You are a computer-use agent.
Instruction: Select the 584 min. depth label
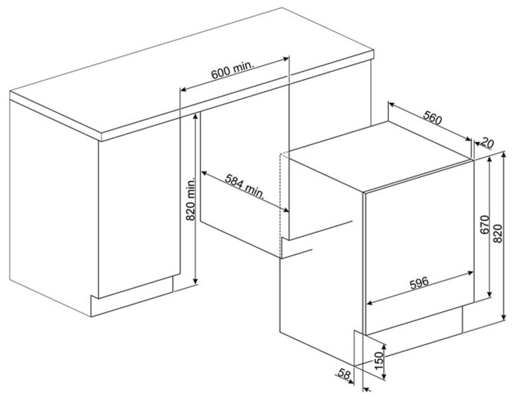tap(244, 186)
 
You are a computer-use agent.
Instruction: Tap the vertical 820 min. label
tap(190, 199)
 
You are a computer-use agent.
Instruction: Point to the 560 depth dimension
tap(432, 118)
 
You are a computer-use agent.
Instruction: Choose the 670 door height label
tap(484, 225)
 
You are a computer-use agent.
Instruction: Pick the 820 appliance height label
tap(497, 233)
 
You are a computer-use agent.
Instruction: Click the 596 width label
tap(420, 283)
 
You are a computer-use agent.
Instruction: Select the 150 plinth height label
tap(378, 361)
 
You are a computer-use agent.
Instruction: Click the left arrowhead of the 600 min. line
tap(183, 89)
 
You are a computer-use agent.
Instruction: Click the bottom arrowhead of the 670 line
tap(490, 294)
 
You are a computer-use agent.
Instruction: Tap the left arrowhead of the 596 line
tap(369, 303)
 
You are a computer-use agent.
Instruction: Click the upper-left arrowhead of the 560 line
tap(391, 104)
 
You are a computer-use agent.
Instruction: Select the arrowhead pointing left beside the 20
tap(476, 143)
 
